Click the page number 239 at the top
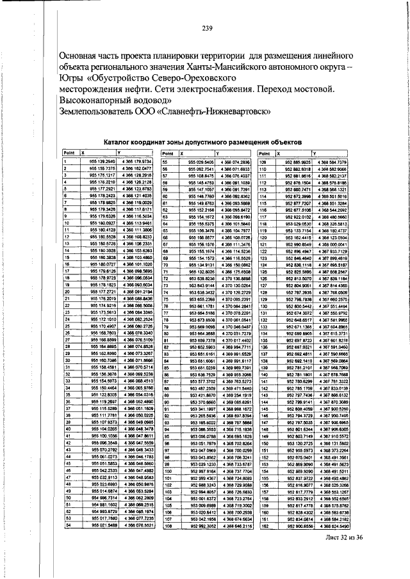[207, 27]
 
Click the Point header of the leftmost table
[69, 154]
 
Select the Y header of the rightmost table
[313, 154]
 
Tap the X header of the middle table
[181, 154]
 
